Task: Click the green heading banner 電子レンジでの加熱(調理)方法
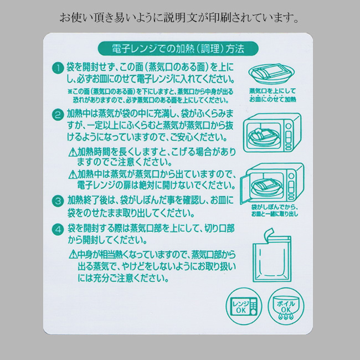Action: coord(178,49)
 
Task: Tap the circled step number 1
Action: coord(58,68)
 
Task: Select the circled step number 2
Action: coord(58,115)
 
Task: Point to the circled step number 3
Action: coord(58,202)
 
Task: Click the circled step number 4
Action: coord(58,230)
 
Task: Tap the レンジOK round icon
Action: coord(244,306)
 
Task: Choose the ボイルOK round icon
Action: coord(286,306)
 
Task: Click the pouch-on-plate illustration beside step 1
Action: coord(271,74)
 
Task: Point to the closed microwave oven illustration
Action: coord(272,132)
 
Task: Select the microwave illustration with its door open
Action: coord(272,183)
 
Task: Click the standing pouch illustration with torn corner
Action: coord(272,255)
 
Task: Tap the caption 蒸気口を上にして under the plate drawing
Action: coord(272,91)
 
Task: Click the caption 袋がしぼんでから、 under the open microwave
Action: coord(275,207)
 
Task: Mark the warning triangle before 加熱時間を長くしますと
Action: coord(73,152)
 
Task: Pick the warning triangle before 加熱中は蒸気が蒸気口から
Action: coord(73,174)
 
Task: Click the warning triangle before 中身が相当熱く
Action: coord(73,254)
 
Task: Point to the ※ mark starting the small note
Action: coord(70,91)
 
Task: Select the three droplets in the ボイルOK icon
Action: coord(286,317)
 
